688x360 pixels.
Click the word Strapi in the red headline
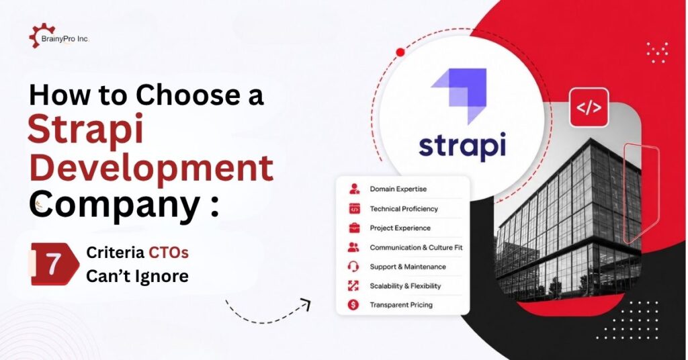(86, 129)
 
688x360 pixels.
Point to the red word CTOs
(169, 253)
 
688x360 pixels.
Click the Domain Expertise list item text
(398, 189)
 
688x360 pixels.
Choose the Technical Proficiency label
(404, 209)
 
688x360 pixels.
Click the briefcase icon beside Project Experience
(353, 228)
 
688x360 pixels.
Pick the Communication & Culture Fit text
(416, 247)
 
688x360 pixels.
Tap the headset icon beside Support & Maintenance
(353, 267)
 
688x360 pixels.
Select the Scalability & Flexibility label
(405, 286)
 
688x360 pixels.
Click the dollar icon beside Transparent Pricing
(353, 305)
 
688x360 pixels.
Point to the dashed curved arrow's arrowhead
(306, 304)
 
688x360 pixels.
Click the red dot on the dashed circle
(400, 52)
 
